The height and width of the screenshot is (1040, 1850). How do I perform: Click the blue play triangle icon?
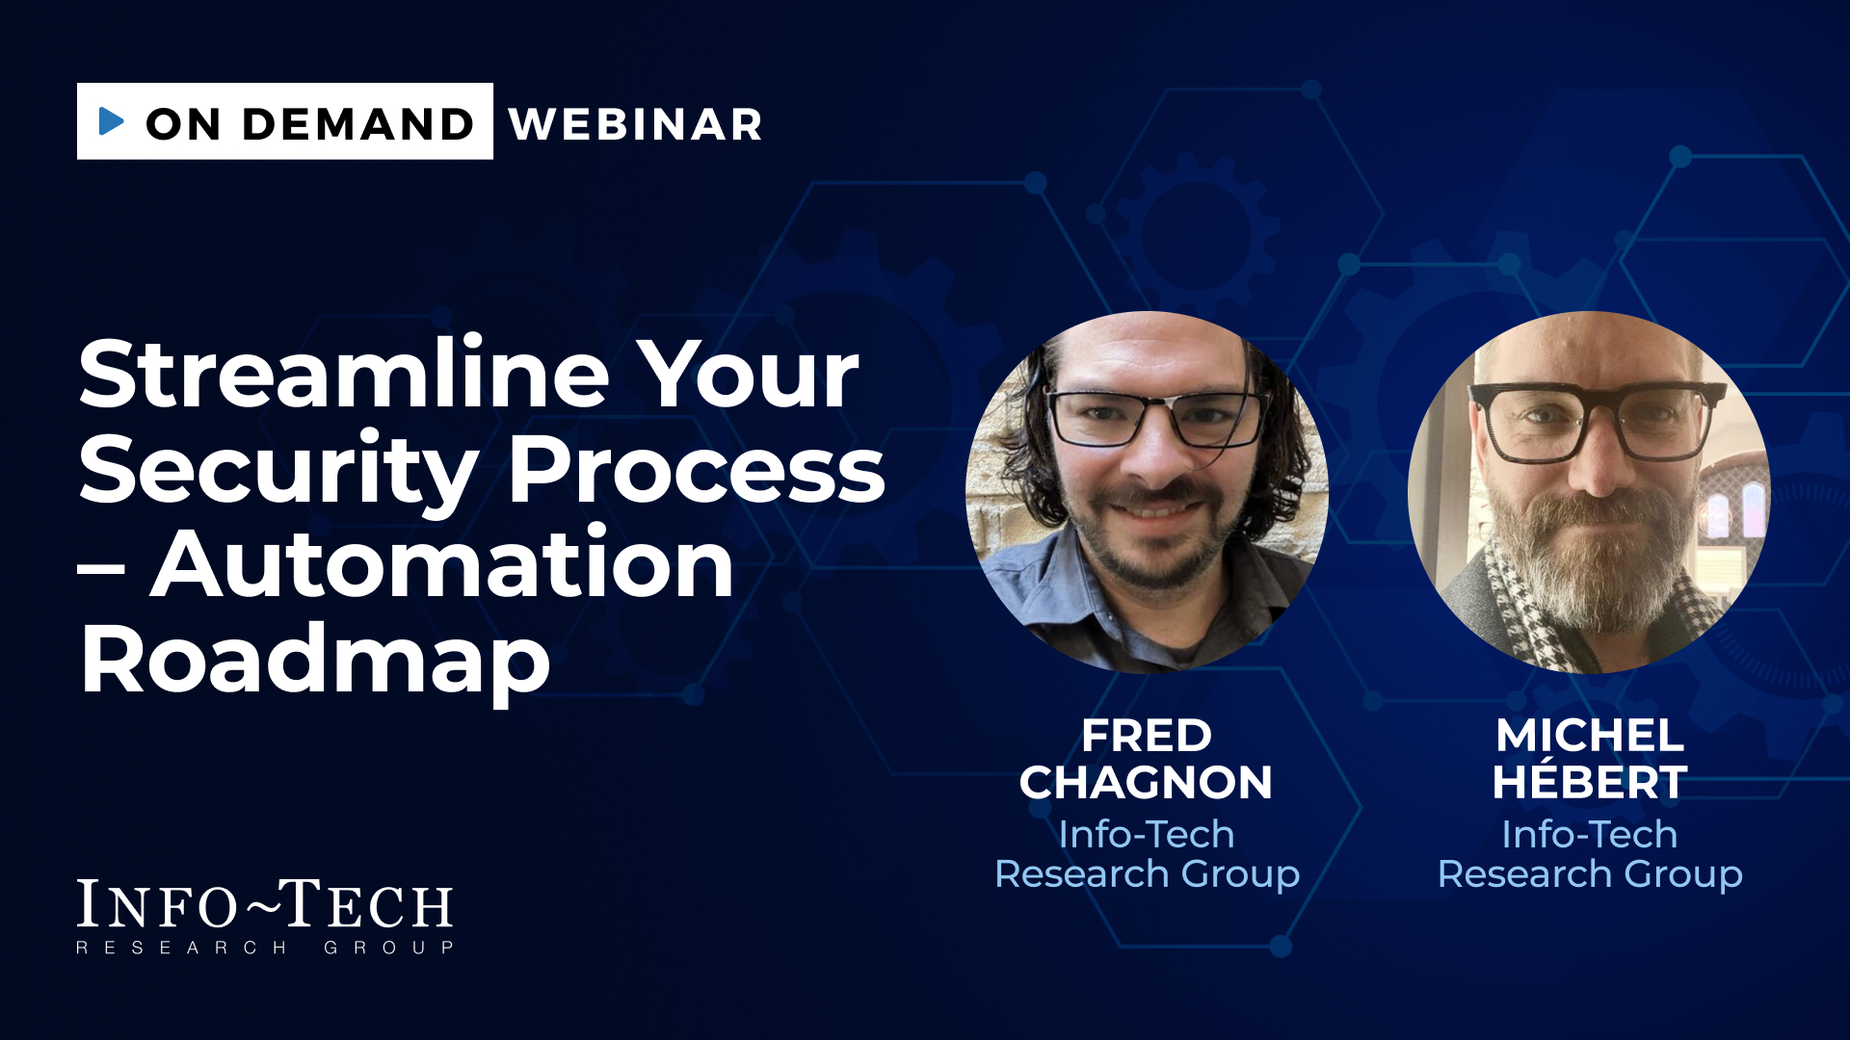(111, 121)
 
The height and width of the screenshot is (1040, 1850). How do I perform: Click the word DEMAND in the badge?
(357, 124)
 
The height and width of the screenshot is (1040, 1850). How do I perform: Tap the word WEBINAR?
(636, 124)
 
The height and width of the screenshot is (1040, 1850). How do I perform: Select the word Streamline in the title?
(344, 374)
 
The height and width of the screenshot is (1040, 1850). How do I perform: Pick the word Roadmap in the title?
(315, 662)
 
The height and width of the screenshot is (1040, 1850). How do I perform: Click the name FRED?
(1147, 737)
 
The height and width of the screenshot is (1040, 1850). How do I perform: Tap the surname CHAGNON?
(1147, 783)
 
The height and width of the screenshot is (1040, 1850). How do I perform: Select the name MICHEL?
(1590, 737)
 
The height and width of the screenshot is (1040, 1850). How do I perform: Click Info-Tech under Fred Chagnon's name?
(1147, 835)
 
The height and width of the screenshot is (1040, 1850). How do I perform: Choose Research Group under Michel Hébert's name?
(1590, 874)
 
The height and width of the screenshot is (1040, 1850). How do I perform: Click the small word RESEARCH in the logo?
(182, 949)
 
